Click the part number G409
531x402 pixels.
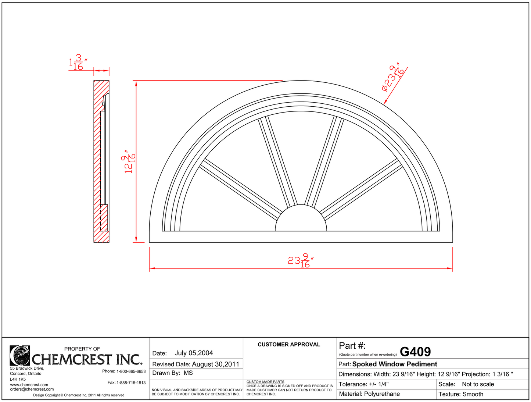pyautogui.click(x=415, y=352)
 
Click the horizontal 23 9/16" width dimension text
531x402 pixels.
pyautogui.click(x=300, y=261)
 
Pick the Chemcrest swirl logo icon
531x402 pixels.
pyautogui.click(x=20, y=355)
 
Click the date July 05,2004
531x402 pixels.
pyautogui.click(x=194, y=353)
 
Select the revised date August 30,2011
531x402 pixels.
pyautogui.click(x=215, y=364)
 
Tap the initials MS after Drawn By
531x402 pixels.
pyautogui.click(x=188, y=373)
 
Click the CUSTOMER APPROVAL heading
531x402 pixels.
pyautogui.click(x=289, y=345)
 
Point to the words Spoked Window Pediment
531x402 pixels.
pyautogui.click(x=395, y=364)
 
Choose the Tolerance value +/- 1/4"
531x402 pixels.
pyautogui.click(x=378, y=384)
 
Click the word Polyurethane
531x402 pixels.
pyautogui.click(x=382, y=394)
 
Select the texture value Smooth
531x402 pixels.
pyautogui.click(x=473, y=394)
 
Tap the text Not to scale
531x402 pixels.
pyautogui.click(x=478, y=384)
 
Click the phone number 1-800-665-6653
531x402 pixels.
pyautogui.click(x=131, y=371)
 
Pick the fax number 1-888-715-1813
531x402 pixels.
pyautogui.click(x=131, y=383)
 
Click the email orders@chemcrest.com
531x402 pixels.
pyautogui.click(x=32, y=389)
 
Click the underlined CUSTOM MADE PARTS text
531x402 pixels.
pyautogui.click(x=265, y=382)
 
